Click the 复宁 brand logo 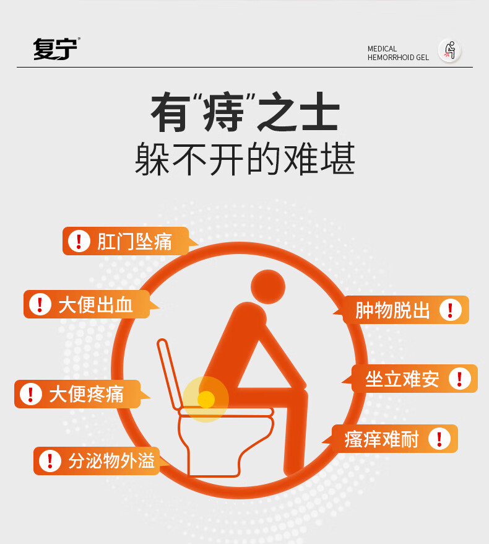click(x=56, y=49)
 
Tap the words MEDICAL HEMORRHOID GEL click(x=398, y=53)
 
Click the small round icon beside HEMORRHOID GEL click(x=449, y=51)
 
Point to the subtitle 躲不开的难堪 click(x=245, y=159)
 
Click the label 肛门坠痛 click(x=134, y=242)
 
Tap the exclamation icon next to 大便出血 click(x=40, y=304)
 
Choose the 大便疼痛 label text click(x=86, y=394)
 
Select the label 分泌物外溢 click(x=111, y=461)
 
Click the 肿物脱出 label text click(x=392, y=310)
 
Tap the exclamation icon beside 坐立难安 click(x=460, y=379)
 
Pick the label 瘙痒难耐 click(x=381, y=439)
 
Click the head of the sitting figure click(x=268, y=287)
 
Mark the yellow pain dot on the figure click(x=206, y=400)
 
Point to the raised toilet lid click(x=170, y=374)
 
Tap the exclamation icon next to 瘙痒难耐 click(x=439, y=439)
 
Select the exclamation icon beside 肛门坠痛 click(x=79, y=241)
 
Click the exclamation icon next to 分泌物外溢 click(x=50, y=461)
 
